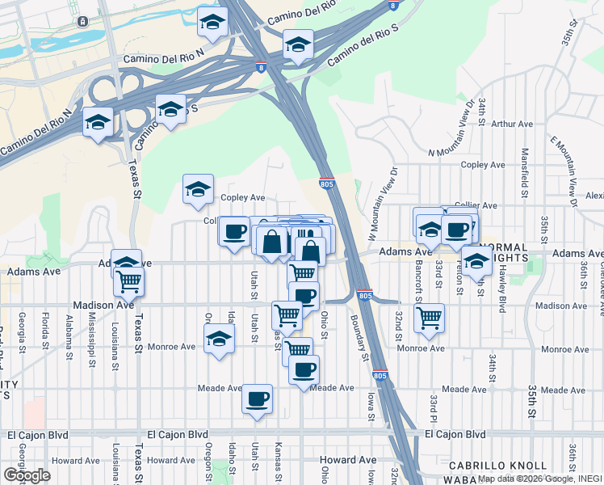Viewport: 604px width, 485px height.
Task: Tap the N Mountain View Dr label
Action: pyautogui.click(x=458, y=137)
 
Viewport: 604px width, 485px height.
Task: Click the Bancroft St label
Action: pyautogui.click(x=419, y=279)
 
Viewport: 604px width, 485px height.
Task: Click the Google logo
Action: pyautogui.click(x=27, y=475)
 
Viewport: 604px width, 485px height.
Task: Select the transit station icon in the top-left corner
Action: pyautogui.click(x=83, y=21)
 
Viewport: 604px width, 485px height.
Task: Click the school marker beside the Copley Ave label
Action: pyautogui.click(x=198, y=189)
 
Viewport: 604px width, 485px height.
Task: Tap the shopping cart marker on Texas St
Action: pyautogui.click(x=129, y=282)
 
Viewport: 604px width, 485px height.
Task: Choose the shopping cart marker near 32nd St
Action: pyautogui.click(x=429, y=316)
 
